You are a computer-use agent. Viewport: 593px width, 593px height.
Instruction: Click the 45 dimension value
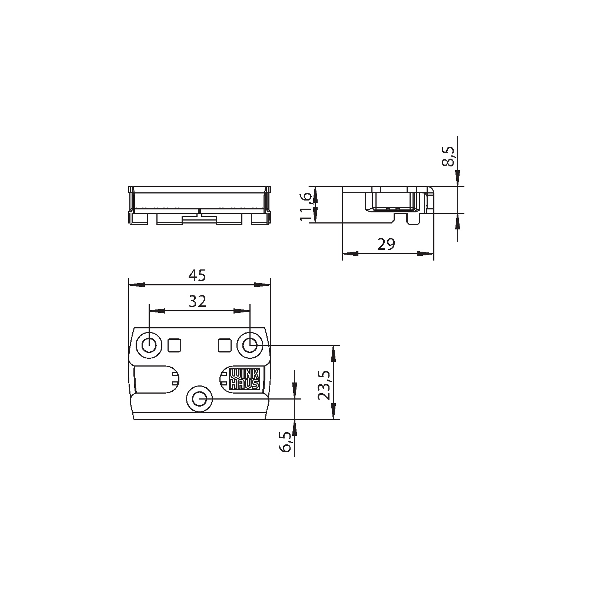click(197, 275)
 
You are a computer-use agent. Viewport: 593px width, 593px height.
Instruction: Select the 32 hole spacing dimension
click(197, 302)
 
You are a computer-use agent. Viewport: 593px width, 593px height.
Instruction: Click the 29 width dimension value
click(386, 244)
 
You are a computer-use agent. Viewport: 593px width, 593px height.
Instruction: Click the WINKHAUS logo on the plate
click(245, 378)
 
